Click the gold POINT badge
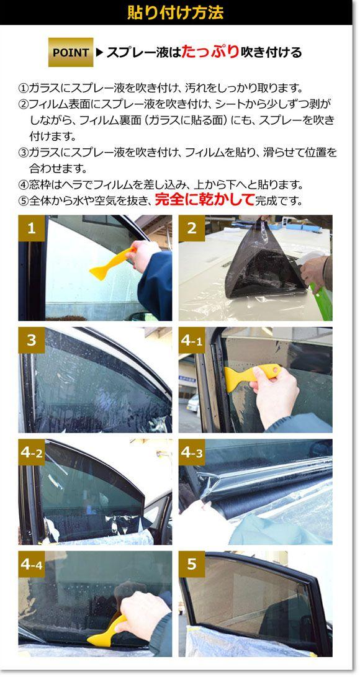(x=71, y=52)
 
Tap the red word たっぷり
(x=210, y=52)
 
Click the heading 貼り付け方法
(x=176, y=12)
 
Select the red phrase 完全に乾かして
(x=204, y=200)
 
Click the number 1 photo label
(x=32, y=228)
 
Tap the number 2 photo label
(x=192, y=228)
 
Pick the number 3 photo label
(x=32, y=340)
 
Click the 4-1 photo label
(x=192, y=340)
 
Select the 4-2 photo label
(x=32, y=452)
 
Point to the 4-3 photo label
(x=192, y=452)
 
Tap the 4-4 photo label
(x=32, y=564)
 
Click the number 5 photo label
(x=192, y=564)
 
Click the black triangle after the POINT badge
(x=99, y=53)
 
